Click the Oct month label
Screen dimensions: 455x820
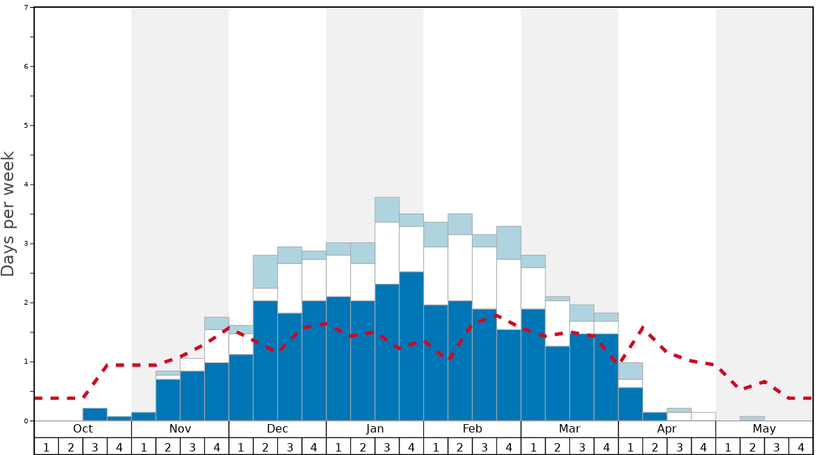pyautogui.click(x=83, y=429)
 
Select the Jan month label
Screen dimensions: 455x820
pyautogui.click(x=375, y=429)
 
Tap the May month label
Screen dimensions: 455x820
pyautogui.click(x=764, y=429)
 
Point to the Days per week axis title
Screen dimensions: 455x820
pyautogui.click(x=8, y=214)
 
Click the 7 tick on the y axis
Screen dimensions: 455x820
pyautogui.click(x=26, y=7)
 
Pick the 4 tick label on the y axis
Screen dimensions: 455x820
pyautogui.click(x=26, y=185)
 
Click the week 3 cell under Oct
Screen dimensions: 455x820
pyautogui.click(x=95, y=447)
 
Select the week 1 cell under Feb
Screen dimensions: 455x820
pyautogui.click(x=435, y=447)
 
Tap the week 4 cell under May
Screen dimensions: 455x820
pyautogui.click(x=800, y=447)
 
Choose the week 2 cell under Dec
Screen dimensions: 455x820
pyautogui.click(x=265, y=447)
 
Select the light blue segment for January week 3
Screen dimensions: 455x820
pyautogui.click(x=387, y=210)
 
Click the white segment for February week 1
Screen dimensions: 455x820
pyautogui.click(x=435, y=276)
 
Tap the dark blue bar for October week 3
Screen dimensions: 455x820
pyautogui.click(x=95, y=414)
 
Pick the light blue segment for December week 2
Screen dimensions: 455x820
pyautogui.click(x=265, y=272)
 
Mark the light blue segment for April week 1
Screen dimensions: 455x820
pyautogui.click(x=630, y=371)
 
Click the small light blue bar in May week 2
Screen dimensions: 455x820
pyautogui.click(x=752, y=418)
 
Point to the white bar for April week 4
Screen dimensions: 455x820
pyautogui.click(x=703, y=416)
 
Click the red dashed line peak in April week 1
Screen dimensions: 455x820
pyautogui.click(x=642, y=327)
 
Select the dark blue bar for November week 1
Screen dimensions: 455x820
pyautogui.click(x=143, y=416)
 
